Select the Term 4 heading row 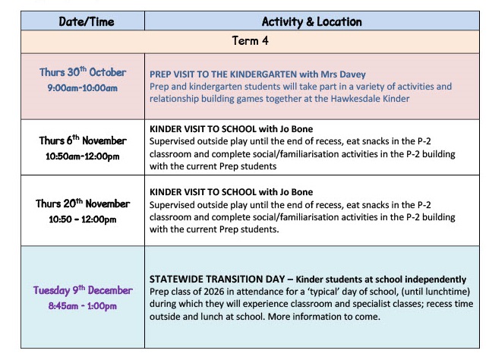click(x=244, y=41)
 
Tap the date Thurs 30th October click(x=83, y=72)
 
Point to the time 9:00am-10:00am click(x=83, y=88)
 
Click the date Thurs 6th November click(x=83, y=141)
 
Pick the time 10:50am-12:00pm click(x=83, y=156)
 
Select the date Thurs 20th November click(x=83, y=204)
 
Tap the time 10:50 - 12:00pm click(x=83, y=219)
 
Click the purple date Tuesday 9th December click(x=83, y=290)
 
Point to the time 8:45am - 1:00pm click(x=83, y=306)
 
